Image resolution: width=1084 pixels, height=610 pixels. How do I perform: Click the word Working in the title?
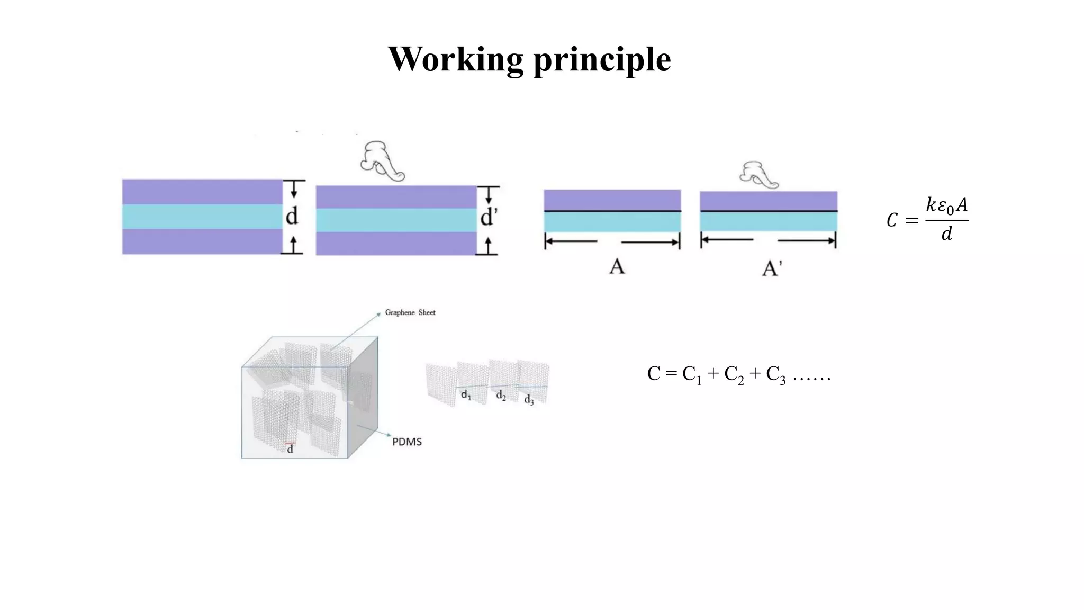456,59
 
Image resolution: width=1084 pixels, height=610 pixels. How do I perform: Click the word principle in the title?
602,59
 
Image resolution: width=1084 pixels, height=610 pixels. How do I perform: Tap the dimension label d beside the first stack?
292,216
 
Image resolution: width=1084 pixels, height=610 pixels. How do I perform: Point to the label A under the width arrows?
617,266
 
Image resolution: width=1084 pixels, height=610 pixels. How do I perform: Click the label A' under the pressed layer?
771,268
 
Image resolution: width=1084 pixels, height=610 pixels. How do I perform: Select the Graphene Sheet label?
410,312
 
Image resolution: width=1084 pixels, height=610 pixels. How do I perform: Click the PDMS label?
406,442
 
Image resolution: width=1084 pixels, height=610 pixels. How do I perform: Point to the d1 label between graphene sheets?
466,395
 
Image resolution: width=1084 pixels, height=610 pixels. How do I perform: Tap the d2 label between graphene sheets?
501,396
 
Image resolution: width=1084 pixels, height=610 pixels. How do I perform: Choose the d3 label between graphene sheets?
529,400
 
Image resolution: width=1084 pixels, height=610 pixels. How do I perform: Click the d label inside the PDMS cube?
290,450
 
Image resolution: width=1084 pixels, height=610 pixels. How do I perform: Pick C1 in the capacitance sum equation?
692,374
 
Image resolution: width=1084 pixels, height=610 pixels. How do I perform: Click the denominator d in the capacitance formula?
946,234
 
